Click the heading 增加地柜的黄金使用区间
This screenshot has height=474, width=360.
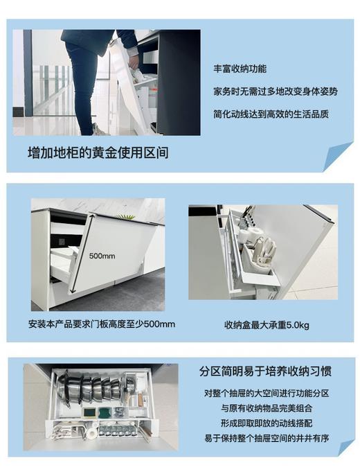(x=98, y=152)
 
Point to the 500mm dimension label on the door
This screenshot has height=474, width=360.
(x=102, y=256)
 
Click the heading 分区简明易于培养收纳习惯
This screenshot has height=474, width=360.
(x=266, y=371)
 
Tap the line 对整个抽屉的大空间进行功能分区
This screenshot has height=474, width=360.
(x=266, y=393)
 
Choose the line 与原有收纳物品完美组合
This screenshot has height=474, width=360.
(x=266, y=407)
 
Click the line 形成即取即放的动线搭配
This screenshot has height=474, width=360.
(x=266, y=422)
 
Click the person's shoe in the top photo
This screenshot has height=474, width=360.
(x=99, y=130)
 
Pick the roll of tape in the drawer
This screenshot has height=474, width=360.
(x=91, y=432)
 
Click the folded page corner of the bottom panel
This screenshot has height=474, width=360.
(x=345, y=447)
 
